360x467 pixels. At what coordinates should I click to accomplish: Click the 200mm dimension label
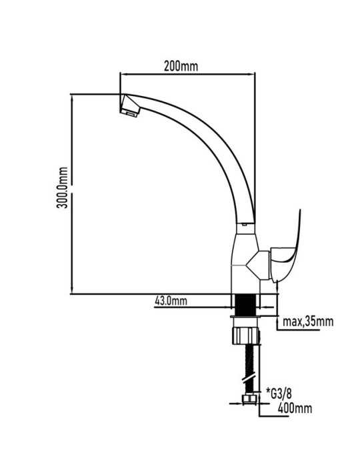(x=181, y=66)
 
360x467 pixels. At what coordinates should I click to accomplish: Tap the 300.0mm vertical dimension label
(x=63, y=187)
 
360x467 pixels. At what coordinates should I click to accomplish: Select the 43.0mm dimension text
(x=171, y=301)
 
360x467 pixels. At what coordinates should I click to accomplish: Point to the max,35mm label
(x=308, y=322)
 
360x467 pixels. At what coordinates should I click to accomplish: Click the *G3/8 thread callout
(x=279, y=394)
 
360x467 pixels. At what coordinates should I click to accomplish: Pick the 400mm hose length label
(x=295, y=408)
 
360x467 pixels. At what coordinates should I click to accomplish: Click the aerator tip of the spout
(x=130, y=105)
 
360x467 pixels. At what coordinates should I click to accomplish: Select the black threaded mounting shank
(x=245, y=305)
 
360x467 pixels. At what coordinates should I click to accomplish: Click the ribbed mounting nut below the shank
(x=246, y=336)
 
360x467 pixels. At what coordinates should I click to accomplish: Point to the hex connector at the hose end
(x=250, y=399)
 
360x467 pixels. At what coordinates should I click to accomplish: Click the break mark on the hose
(x=249, y=379)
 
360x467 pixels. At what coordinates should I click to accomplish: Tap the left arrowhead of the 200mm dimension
(x=122, y=75)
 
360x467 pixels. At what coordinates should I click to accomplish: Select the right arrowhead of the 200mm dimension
(x=253, y=75)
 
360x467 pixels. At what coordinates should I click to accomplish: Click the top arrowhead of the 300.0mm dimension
(x=72, y=97)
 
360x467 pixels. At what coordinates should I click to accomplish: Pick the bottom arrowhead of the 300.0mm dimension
(x=72, y=291)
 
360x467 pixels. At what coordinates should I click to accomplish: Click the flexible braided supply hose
(x=250, y=370)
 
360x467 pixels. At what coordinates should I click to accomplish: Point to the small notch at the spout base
(x=245, y=225)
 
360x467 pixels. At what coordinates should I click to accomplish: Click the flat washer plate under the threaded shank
(x=246, y=317)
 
